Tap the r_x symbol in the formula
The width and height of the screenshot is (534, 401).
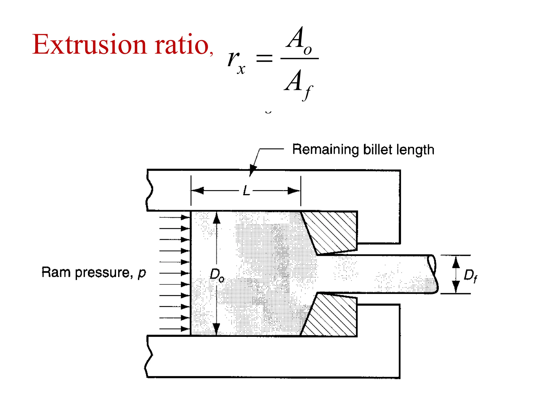pyautogui.click(x=236, y=62)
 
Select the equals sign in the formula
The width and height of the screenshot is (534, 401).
pyautogui.click(x=264, y=58)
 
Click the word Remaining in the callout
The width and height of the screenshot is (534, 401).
pyautogui.click(x=325, y=150)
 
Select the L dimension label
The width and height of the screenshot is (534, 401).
pyautogui.click(x=246, y=191)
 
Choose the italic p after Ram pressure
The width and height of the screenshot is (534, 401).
pyautogui.click(x=142, y=273)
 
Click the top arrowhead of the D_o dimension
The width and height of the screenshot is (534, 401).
pyautogui.click(x=216, y=218)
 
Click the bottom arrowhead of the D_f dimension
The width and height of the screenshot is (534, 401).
pyautogui.click(x=456, y=287)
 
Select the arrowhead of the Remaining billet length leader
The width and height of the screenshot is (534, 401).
pyautogui.click(x=252, y=171)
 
